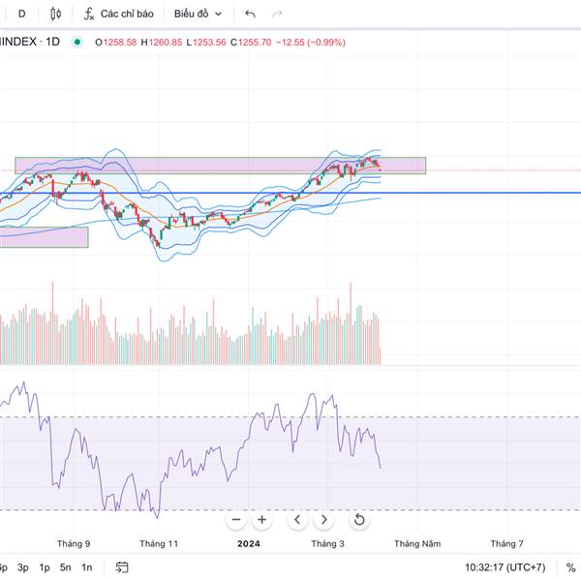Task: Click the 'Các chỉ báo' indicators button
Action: pyautogui.click(x=118, y=14)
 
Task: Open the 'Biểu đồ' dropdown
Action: pyautogui.click(x=198, y=14)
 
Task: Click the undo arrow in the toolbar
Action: pyautogui.click(x=251, y=14)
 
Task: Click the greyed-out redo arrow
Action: pyautogui.click(x=278, y=14)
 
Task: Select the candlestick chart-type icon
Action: pyautogui.click(x=54, y=14)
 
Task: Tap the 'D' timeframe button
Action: pyautogui.click(x=22, y=14)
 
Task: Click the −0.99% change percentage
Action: pyautogui.click(x=327, y=43)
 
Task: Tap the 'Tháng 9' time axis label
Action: pyautogui.click(x=74, y=544)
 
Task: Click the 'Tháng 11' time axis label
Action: pyautogui.click(x=159, y=544)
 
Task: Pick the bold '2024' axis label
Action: pyautogui.click(x=250, y=544)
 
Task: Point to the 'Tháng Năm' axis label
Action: pyautogui.click(x=417, y=544)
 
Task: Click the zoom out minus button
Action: pyautogui.click(x=235, y=520)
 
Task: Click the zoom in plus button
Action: pyautogui.click(x=261, y=520)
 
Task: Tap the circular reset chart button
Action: pyautogui.click(x=359, y=520)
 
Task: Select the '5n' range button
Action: pyautogui.click(x=65, y=567)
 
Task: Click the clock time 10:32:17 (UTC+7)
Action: pyautogui.click(x=505, y=567)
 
